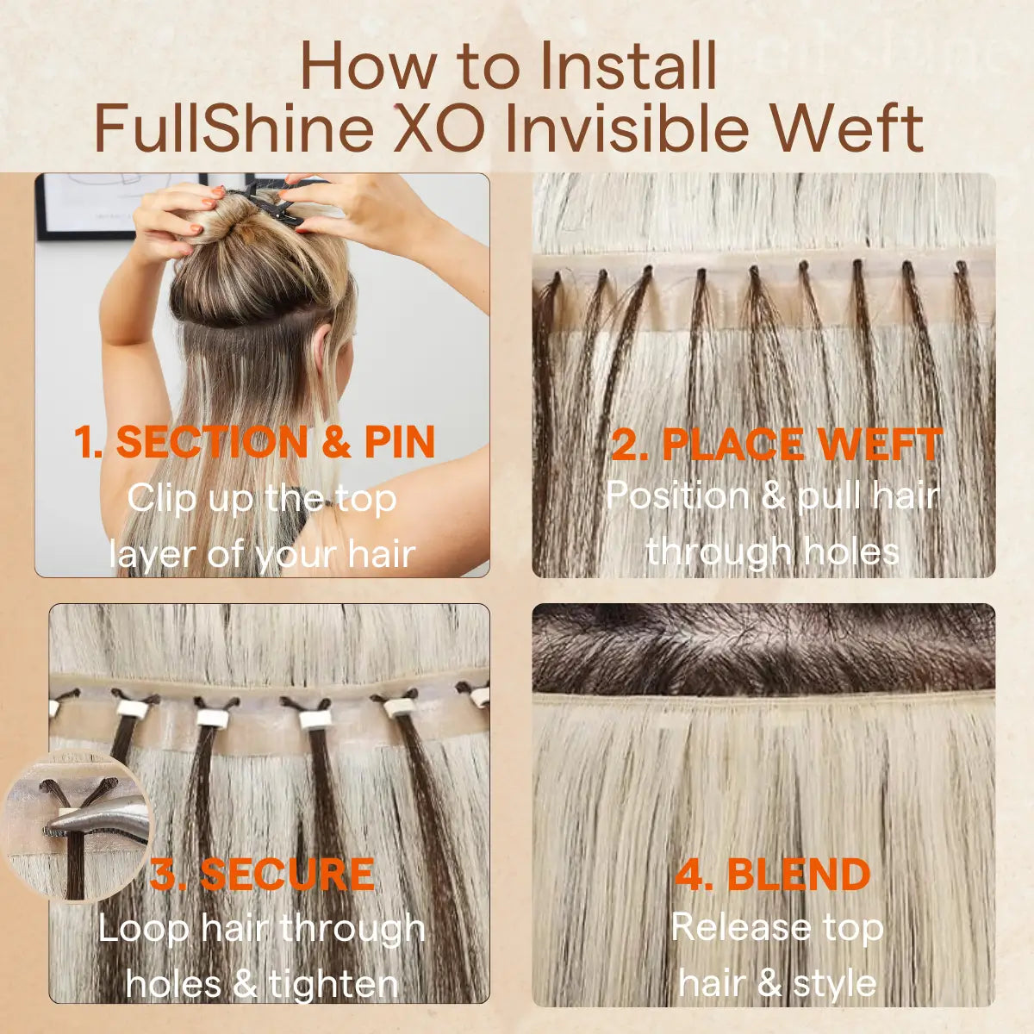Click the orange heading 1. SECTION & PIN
[254, 443]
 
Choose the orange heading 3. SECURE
[262, 875]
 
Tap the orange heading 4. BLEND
[772, 875]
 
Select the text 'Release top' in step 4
[776, 928]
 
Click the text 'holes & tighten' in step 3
[262, 983]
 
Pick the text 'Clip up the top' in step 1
[262, 498]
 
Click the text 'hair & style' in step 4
[776, 983]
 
